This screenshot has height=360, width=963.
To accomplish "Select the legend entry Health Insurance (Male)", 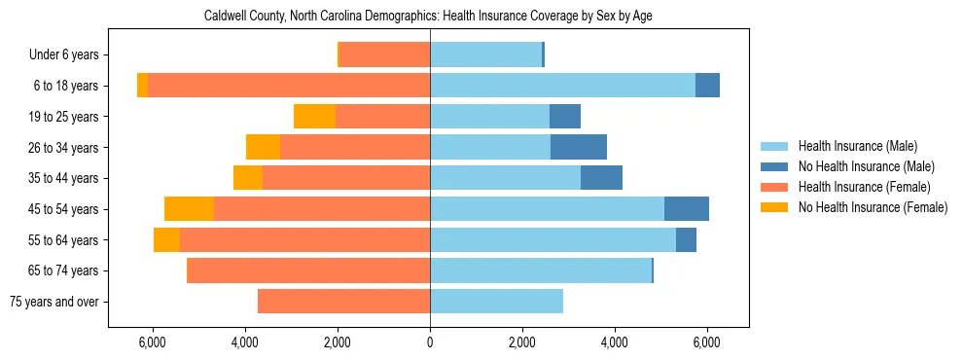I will pos(857,146).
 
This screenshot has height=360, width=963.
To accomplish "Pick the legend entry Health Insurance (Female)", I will pos(863,187).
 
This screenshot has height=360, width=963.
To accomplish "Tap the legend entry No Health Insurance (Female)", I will pos(872,207).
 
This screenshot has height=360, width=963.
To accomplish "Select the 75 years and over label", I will pos(53,302).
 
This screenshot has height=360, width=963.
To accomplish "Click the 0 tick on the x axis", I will pos(430,342).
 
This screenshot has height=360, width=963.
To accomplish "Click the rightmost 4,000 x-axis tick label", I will pos(615,342).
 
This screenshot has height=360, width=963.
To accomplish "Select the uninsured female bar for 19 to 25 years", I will pos(314,117).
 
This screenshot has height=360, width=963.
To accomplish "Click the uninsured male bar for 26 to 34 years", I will pos(579,148).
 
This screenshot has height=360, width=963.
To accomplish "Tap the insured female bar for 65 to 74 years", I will pos(308,270).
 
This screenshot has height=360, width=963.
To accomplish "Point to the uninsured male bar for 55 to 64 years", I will pos(686,240).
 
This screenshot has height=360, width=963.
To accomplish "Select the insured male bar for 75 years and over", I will pos(496,302).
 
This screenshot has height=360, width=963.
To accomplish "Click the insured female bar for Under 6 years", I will pos(384,55).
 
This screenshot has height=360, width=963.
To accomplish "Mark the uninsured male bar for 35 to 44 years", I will pos(601,178).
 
